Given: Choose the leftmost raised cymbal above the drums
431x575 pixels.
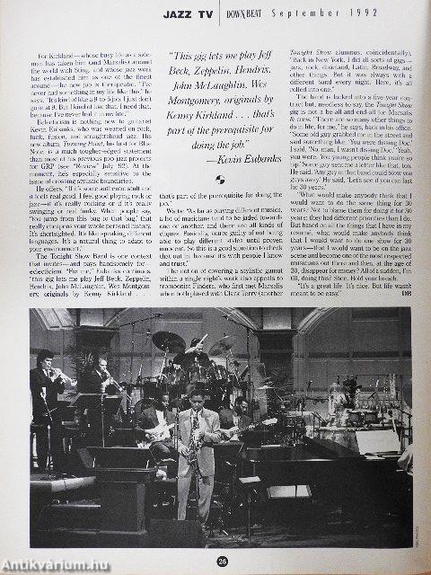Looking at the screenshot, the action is tap(168, 341).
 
